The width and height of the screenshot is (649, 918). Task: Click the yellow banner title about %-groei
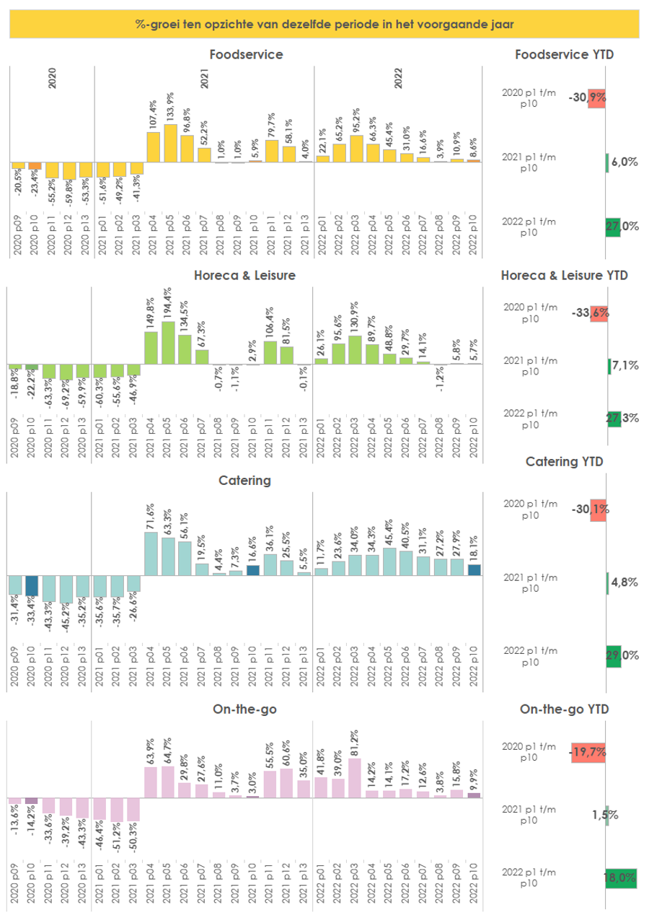point(324,24)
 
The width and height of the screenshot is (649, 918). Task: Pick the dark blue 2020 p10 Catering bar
point(32,585)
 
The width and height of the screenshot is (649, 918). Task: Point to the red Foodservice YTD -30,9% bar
point(596,99)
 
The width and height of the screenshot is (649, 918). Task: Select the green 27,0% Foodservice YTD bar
point(612,227)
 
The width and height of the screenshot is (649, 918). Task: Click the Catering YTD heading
point(565,462)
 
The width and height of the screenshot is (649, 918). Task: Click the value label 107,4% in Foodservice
point(153,115)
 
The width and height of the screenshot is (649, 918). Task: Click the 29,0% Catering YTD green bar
point(613,655)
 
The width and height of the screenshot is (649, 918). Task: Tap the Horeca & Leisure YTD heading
point(564,275)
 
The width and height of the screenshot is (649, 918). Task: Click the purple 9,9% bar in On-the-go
point(473,795)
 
